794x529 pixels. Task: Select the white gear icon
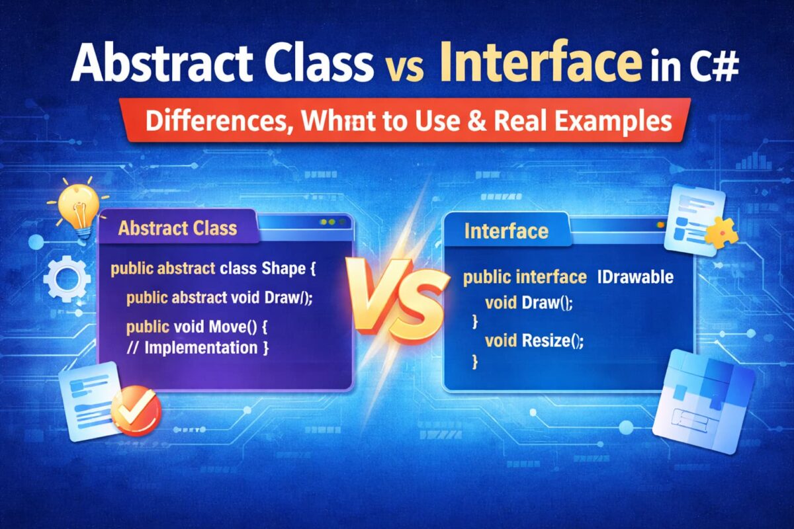click(66, 278)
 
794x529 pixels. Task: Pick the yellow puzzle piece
click(719, 232)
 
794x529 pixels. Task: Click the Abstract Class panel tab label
click(177, 229)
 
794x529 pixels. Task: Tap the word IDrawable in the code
click(635, 277)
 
